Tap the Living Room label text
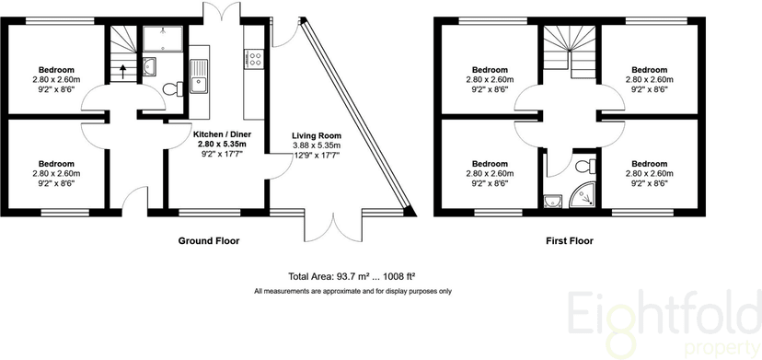(x=316, y=134)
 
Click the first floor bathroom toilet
(x=582, y=166)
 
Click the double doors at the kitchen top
(x=216, y=12)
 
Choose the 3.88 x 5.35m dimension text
(x=316, y=145)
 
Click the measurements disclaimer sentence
(x=352, y=291)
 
